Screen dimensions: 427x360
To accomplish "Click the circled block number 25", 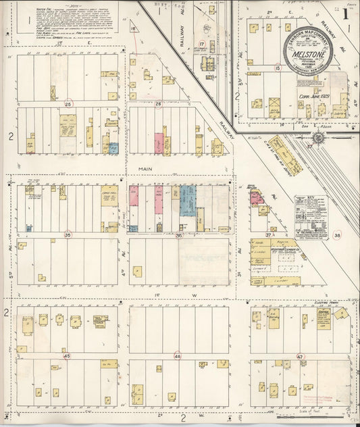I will (x=68, y=104).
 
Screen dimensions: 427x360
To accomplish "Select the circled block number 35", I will (x=68, y=235).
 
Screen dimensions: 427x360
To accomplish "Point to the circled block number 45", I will (x=66, y=355).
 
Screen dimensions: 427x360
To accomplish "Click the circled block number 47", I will (x=300, y=355).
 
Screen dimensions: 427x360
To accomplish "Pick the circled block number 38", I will (x=337, y=235).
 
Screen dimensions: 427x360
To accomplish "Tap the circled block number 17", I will (x=201, y=43).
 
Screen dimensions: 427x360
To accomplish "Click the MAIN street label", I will (x=145, y=170).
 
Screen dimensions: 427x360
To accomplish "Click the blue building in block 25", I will (x=113, y=149).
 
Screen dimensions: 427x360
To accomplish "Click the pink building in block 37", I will (x=257, y=197).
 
